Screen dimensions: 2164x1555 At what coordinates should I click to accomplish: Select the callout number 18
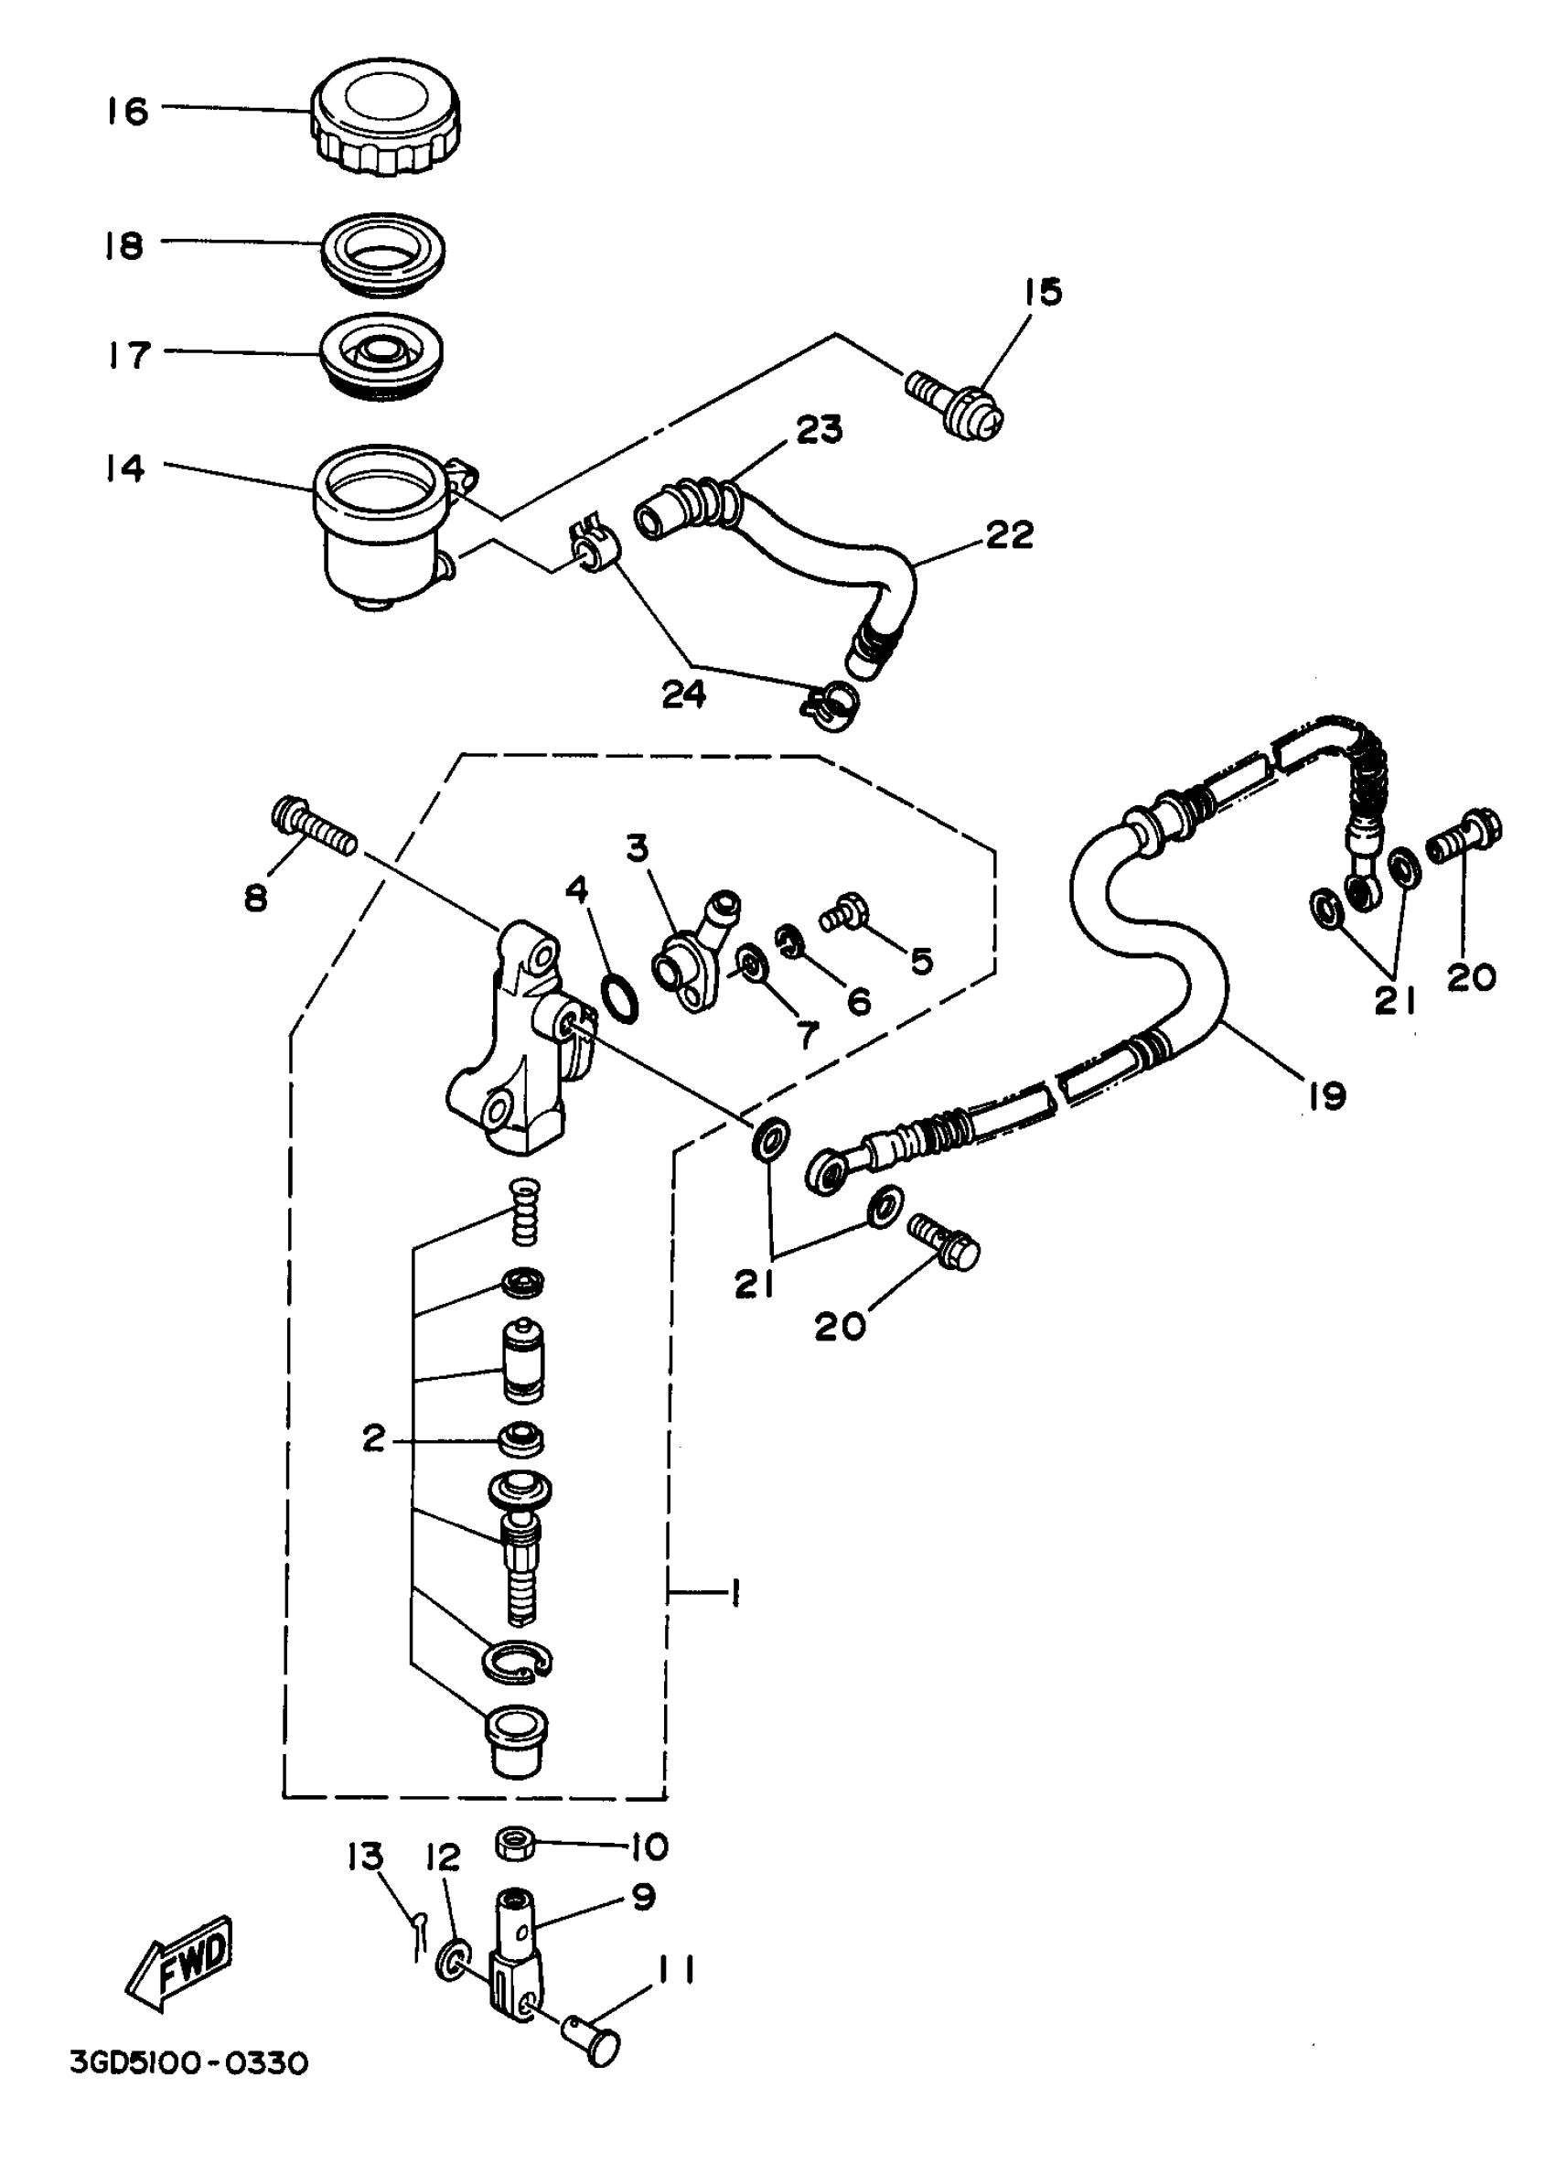pyautogui.click(x=124, y=245)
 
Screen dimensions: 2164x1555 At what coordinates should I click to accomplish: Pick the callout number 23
pyautogui.click(x=820, y=429)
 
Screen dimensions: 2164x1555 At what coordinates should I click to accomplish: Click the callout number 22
pyautogui.click(x=1008, y=534)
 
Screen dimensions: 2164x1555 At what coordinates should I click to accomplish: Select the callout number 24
pyautogui.click(x=683, y=694)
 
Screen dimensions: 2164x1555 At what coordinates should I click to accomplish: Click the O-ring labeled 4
pyautogui.click(x=621, y=999)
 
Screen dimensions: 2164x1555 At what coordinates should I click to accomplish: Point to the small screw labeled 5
pyautogui.click(x=845, y=914)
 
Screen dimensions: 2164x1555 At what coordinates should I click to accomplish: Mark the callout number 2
pyautogui.click(x=374, y=1437)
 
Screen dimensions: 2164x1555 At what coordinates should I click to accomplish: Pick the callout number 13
pyautogui.click(x=364, y=1856)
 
